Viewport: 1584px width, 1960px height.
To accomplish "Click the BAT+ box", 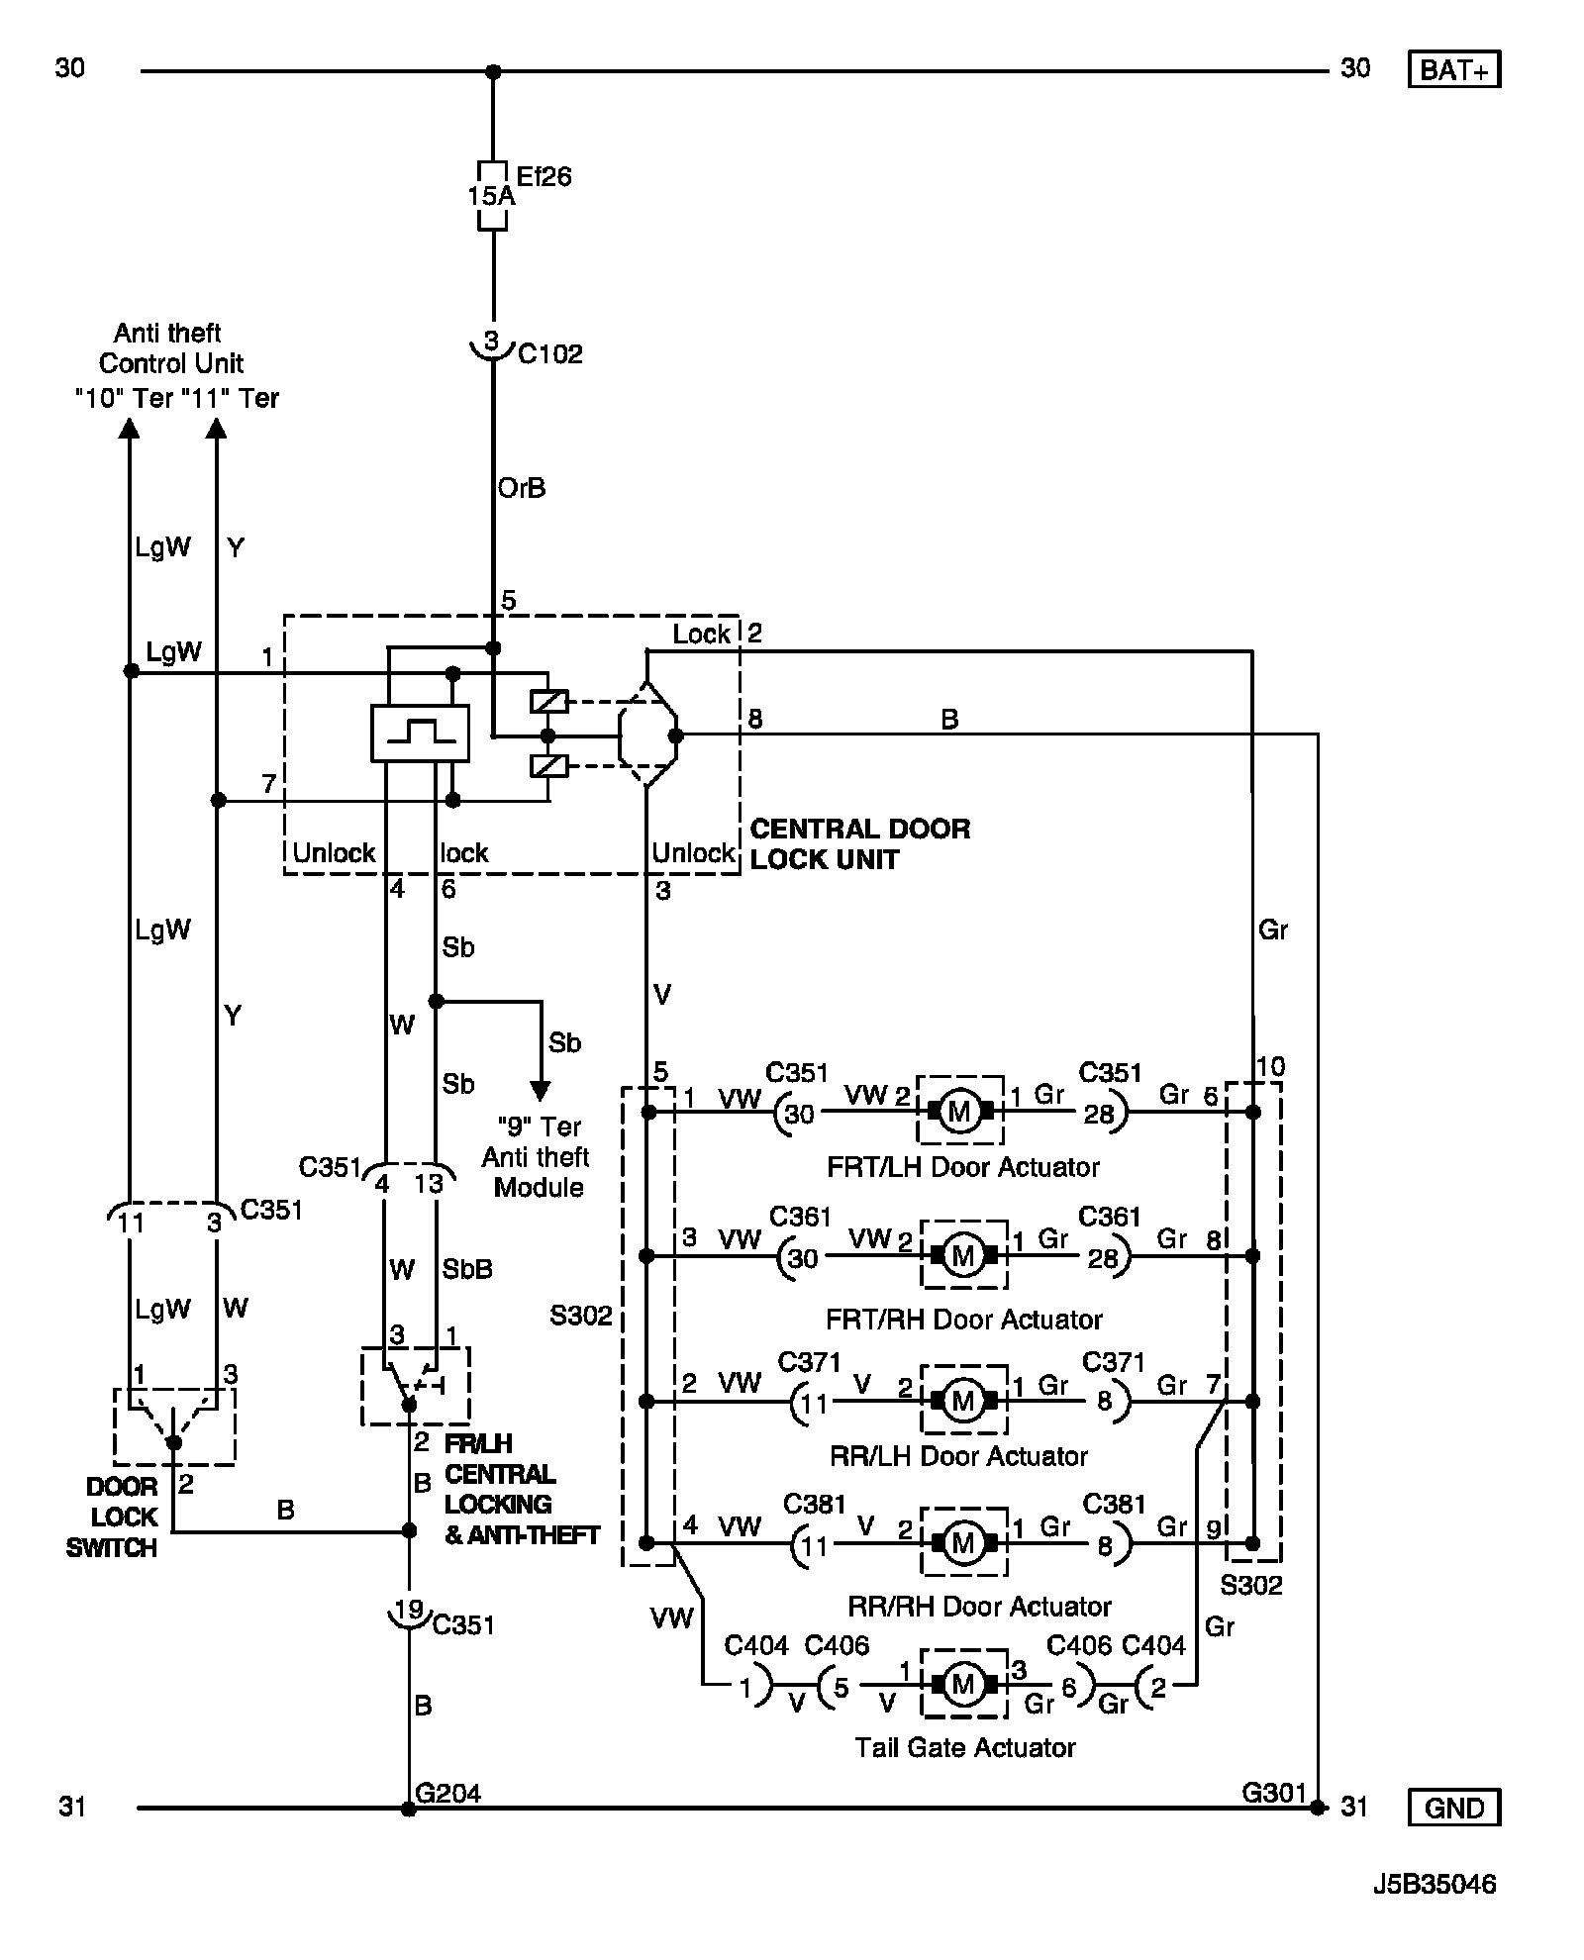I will click(1452, 70).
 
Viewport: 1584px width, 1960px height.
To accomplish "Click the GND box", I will click(1452, 1807).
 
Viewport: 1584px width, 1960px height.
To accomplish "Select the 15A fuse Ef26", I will click(492, 195).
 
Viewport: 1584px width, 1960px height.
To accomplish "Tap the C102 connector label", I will click(550, 353).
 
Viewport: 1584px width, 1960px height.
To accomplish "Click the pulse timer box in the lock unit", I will click(420, 734).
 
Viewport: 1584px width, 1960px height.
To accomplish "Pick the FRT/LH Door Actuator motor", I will click(959, 1111).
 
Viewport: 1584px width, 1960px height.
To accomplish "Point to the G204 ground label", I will click(448, 1793).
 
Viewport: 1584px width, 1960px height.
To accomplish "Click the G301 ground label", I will click(1274, 1793).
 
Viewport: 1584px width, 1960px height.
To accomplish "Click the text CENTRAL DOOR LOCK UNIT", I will click(859, 843).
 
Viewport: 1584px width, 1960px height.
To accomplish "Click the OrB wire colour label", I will click(522, 488).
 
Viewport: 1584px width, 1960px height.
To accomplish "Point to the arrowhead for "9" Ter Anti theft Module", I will click(541, 1090).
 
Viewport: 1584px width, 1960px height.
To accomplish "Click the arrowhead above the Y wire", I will click(216, 427).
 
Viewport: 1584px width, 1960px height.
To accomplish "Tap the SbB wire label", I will click(467, 1269).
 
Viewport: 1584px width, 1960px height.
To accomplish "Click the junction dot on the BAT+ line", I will click(493, 71).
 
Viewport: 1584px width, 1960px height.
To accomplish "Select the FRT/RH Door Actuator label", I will click(963, 1319).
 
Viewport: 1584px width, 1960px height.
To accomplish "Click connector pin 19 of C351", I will click(408, 1609).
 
